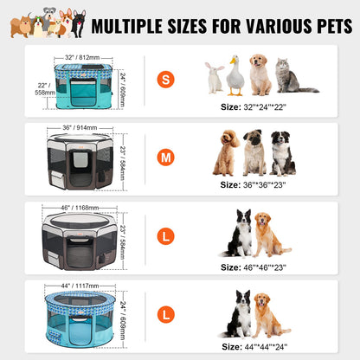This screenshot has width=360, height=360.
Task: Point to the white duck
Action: click(x=235, y=76)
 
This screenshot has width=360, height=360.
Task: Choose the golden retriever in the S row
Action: click(x=260, y=74)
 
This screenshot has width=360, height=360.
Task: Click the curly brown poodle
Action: click(x=228, y=152)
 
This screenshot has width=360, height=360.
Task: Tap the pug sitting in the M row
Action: click(x=254, y=154)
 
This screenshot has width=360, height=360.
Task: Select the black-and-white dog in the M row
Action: click(x=282, y=154)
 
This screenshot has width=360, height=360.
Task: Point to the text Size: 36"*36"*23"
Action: click(x=254, y=184)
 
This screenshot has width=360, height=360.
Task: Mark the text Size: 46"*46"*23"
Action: click(x=254, y=267)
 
